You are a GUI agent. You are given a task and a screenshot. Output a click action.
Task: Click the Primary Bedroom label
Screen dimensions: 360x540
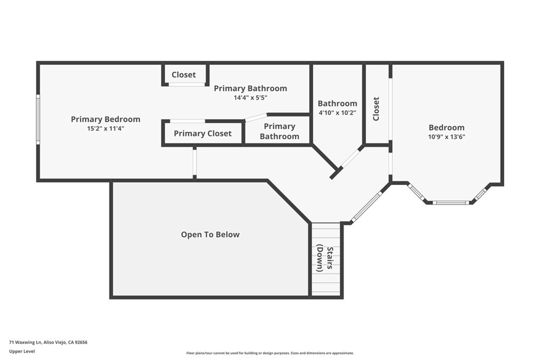(105, 119)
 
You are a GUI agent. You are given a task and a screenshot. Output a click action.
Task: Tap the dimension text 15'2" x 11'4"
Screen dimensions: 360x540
(105, 129)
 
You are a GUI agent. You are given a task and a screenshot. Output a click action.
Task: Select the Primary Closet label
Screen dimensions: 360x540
(202, 133)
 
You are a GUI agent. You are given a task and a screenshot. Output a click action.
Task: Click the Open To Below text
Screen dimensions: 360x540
(210, 235)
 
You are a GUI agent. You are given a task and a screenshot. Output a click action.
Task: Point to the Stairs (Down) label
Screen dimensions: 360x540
(325, 259)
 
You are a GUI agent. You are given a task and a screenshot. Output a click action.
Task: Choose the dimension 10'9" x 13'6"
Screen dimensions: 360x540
(446, 137)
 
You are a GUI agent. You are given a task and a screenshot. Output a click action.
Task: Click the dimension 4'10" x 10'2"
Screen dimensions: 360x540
(337, 112)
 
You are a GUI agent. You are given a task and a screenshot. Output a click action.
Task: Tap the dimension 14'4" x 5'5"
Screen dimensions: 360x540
(250, 98)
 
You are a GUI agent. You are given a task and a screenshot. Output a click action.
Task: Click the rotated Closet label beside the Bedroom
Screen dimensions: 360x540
(376, 109)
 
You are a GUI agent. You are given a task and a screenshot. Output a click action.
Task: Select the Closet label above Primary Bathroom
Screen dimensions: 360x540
(184, 75)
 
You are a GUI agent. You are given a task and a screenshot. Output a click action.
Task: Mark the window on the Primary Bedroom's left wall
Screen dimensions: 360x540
(38, 119)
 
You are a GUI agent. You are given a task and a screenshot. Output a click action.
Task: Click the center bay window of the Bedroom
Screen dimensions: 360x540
(450, 202)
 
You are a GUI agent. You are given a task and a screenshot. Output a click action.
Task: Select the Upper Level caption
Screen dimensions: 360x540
(22, 351)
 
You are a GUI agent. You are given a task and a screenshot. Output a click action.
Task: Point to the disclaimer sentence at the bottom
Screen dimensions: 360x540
(269, 353)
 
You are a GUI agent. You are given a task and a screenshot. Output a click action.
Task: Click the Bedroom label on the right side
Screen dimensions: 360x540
(446, 127)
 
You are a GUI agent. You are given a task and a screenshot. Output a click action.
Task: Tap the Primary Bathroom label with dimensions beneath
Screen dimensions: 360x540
(250, 88)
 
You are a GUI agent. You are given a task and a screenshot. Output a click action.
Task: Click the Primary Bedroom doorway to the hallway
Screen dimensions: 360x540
(195, 162)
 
